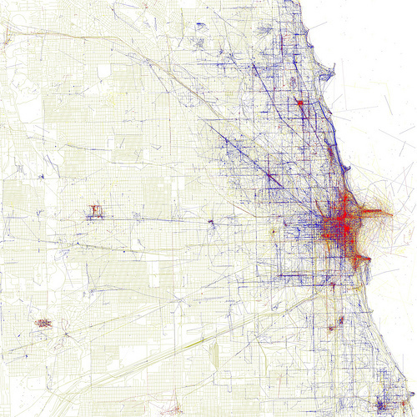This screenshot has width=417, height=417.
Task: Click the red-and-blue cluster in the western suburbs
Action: point(93,209)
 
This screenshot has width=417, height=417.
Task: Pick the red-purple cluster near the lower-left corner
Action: point(42,322)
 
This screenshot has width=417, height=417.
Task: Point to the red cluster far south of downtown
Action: point(339,320)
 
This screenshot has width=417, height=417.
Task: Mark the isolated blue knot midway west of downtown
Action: point(211,224)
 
